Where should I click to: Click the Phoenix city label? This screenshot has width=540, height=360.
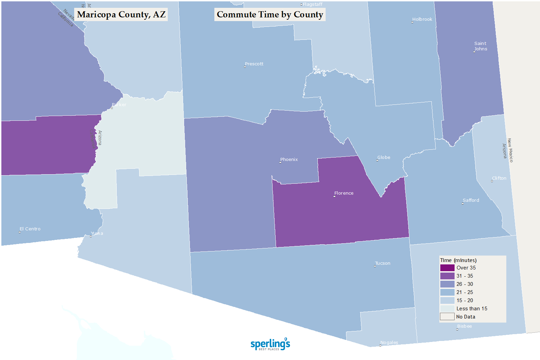(289, 160)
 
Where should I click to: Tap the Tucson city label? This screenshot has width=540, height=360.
(383, 263)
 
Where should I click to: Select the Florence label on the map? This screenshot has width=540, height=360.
(344, 193)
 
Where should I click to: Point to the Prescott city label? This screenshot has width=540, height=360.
(254, 64)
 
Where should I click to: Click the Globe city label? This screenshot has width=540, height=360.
(384, 158)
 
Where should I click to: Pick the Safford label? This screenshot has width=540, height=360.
(471, 200)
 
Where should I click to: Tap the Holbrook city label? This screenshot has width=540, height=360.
(422, 19)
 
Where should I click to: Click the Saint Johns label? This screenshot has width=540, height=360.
(480, 46)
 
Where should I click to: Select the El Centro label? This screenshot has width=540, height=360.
(30, 229)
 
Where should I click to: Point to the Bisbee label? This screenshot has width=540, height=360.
(464, 326)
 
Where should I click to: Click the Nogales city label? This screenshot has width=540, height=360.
(389, 343)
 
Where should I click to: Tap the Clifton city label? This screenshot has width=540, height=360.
(499, 178)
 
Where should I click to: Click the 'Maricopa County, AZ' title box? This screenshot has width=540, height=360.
(121, 15)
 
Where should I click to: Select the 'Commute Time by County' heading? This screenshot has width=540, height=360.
(270, 15)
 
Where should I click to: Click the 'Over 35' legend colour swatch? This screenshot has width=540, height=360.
(447, 268)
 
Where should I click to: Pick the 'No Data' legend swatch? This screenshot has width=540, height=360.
(447, 317)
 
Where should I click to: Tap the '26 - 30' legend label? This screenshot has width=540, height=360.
(465, 284)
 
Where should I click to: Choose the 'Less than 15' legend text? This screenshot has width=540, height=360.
(472, 309)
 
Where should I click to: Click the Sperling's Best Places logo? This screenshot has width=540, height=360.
(270, 344)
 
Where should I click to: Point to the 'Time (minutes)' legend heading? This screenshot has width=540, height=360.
(458, 260)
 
